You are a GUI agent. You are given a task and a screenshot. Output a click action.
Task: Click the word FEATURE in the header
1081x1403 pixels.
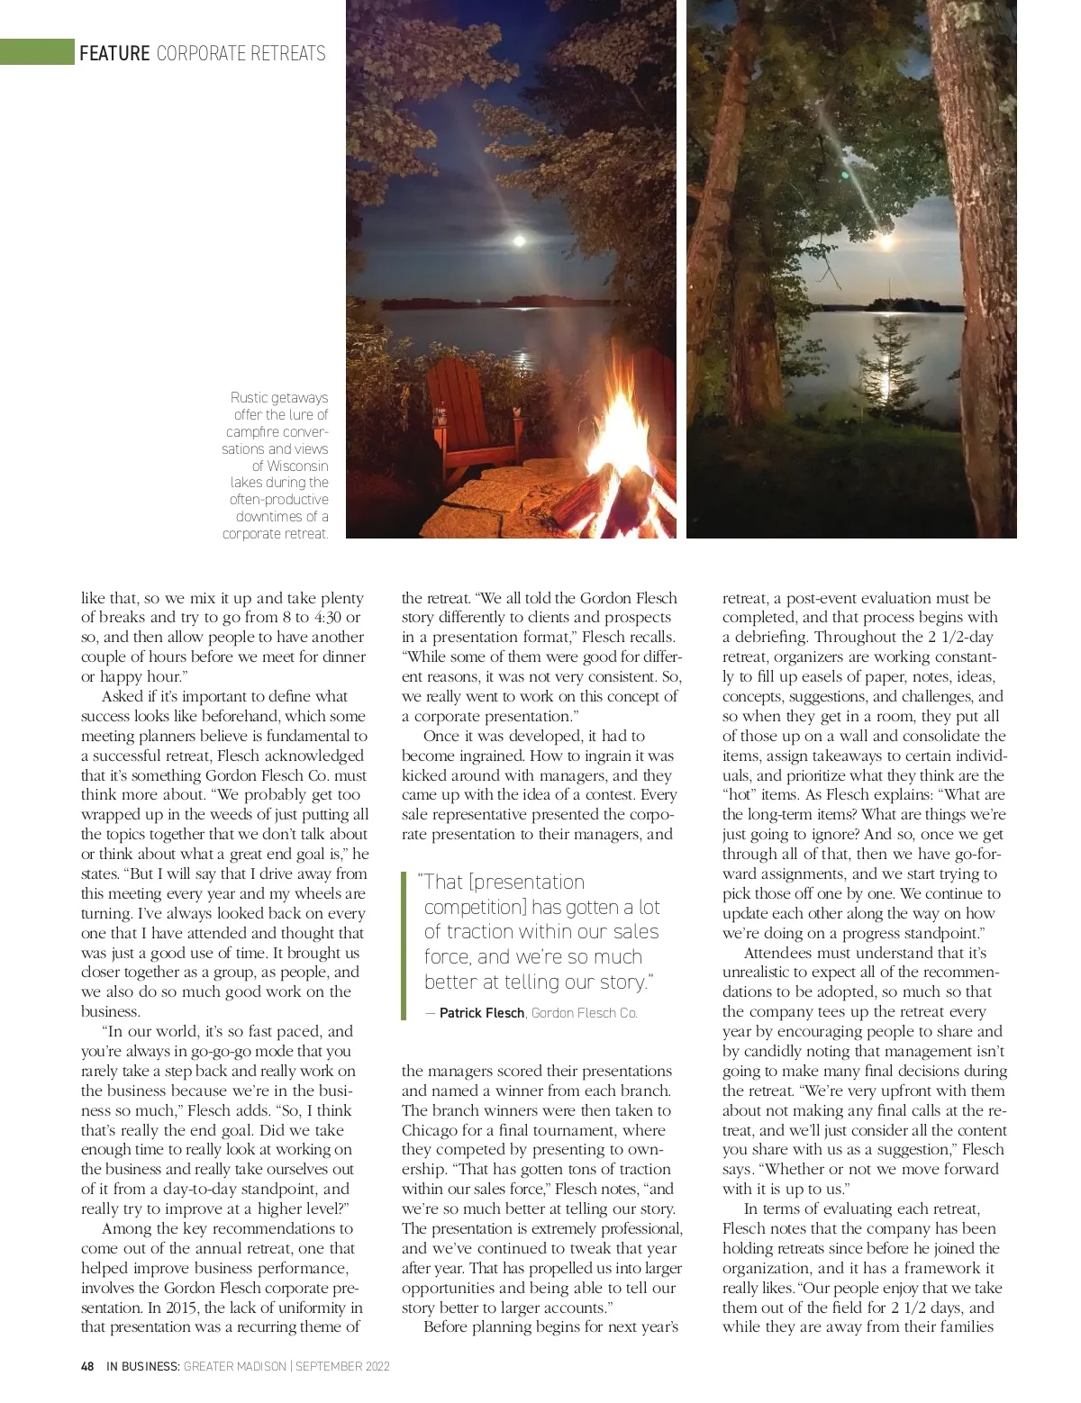click(114, 53)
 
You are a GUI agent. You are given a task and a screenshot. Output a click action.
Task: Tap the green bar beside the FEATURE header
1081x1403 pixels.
click(37, 52)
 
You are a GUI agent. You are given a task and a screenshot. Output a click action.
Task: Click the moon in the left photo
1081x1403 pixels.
click(518, 240)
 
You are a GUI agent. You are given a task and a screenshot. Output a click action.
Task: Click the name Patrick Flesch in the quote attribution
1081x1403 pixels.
click(481, 1013)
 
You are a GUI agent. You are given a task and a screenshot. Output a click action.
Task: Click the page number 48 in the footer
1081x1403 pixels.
click(87, 1366)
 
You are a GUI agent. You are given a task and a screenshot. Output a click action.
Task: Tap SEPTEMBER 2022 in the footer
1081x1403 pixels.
click(342, 1366)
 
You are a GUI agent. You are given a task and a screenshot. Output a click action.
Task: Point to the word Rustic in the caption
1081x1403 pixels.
click(249, 397)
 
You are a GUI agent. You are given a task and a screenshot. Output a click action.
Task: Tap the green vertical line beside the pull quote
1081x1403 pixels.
click(404, 945)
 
